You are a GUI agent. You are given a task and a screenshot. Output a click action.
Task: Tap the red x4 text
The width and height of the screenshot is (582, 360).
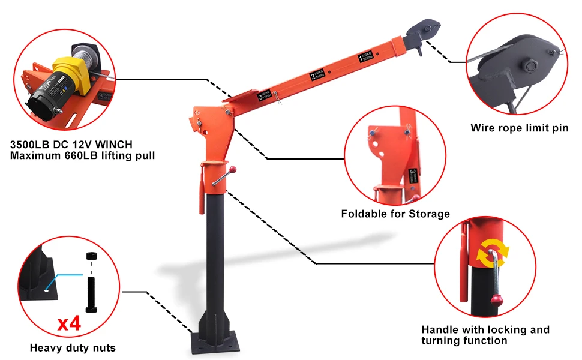(69, 325)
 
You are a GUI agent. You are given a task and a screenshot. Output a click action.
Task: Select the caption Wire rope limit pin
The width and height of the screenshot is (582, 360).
(519, 128)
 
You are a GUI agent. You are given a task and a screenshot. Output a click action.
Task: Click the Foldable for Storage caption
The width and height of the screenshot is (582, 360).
(395, 214)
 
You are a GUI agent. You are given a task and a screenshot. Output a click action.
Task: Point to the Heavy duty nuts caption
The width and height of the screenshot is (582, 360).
(73, 347)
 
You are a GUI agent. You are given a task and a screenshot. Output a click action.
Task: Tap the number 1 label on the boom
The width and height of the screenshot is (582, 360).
(365, 59)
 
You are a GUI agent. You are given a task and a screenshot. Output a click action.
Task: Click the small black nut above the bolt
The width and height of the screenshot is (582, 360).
(92, 257)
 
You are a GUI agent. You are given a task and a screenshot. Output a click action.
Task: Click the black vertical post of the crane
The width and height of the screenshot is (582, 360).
(217, 252)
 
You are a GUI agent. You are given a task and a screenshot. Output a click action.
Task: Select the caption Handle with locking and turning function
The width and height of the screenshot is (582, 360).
(485, 335)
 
